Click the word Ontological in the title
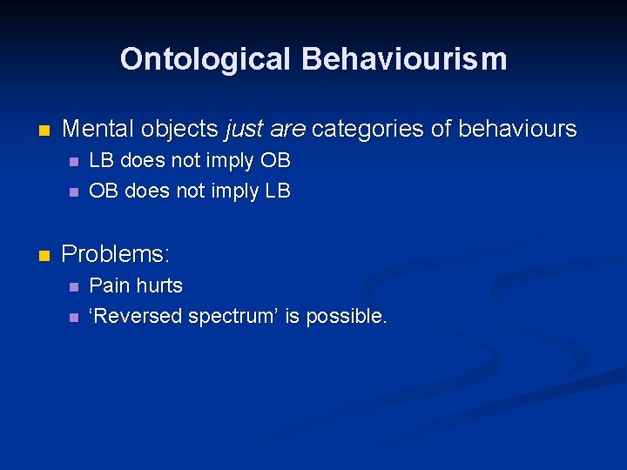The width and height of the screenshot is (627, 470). coord(206,59)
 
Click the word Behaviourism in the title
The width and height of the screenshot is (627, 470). coord(404,59)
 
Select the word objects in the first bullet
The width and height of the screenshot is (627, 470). coord(179,130)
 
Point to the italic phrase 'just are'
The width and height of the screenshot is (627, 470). coord(265,130)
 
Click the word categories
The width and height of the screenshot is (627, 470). coord(367,130)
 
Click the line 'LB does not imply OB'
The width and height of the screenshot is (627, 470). coord(190,161)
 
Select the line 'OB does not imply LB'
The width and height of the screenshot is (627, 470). coord(190,191)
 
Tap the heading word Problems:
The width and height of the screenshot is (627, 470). coord(117,254)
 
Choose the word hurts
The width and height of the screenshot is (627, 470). coord(159,285)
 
